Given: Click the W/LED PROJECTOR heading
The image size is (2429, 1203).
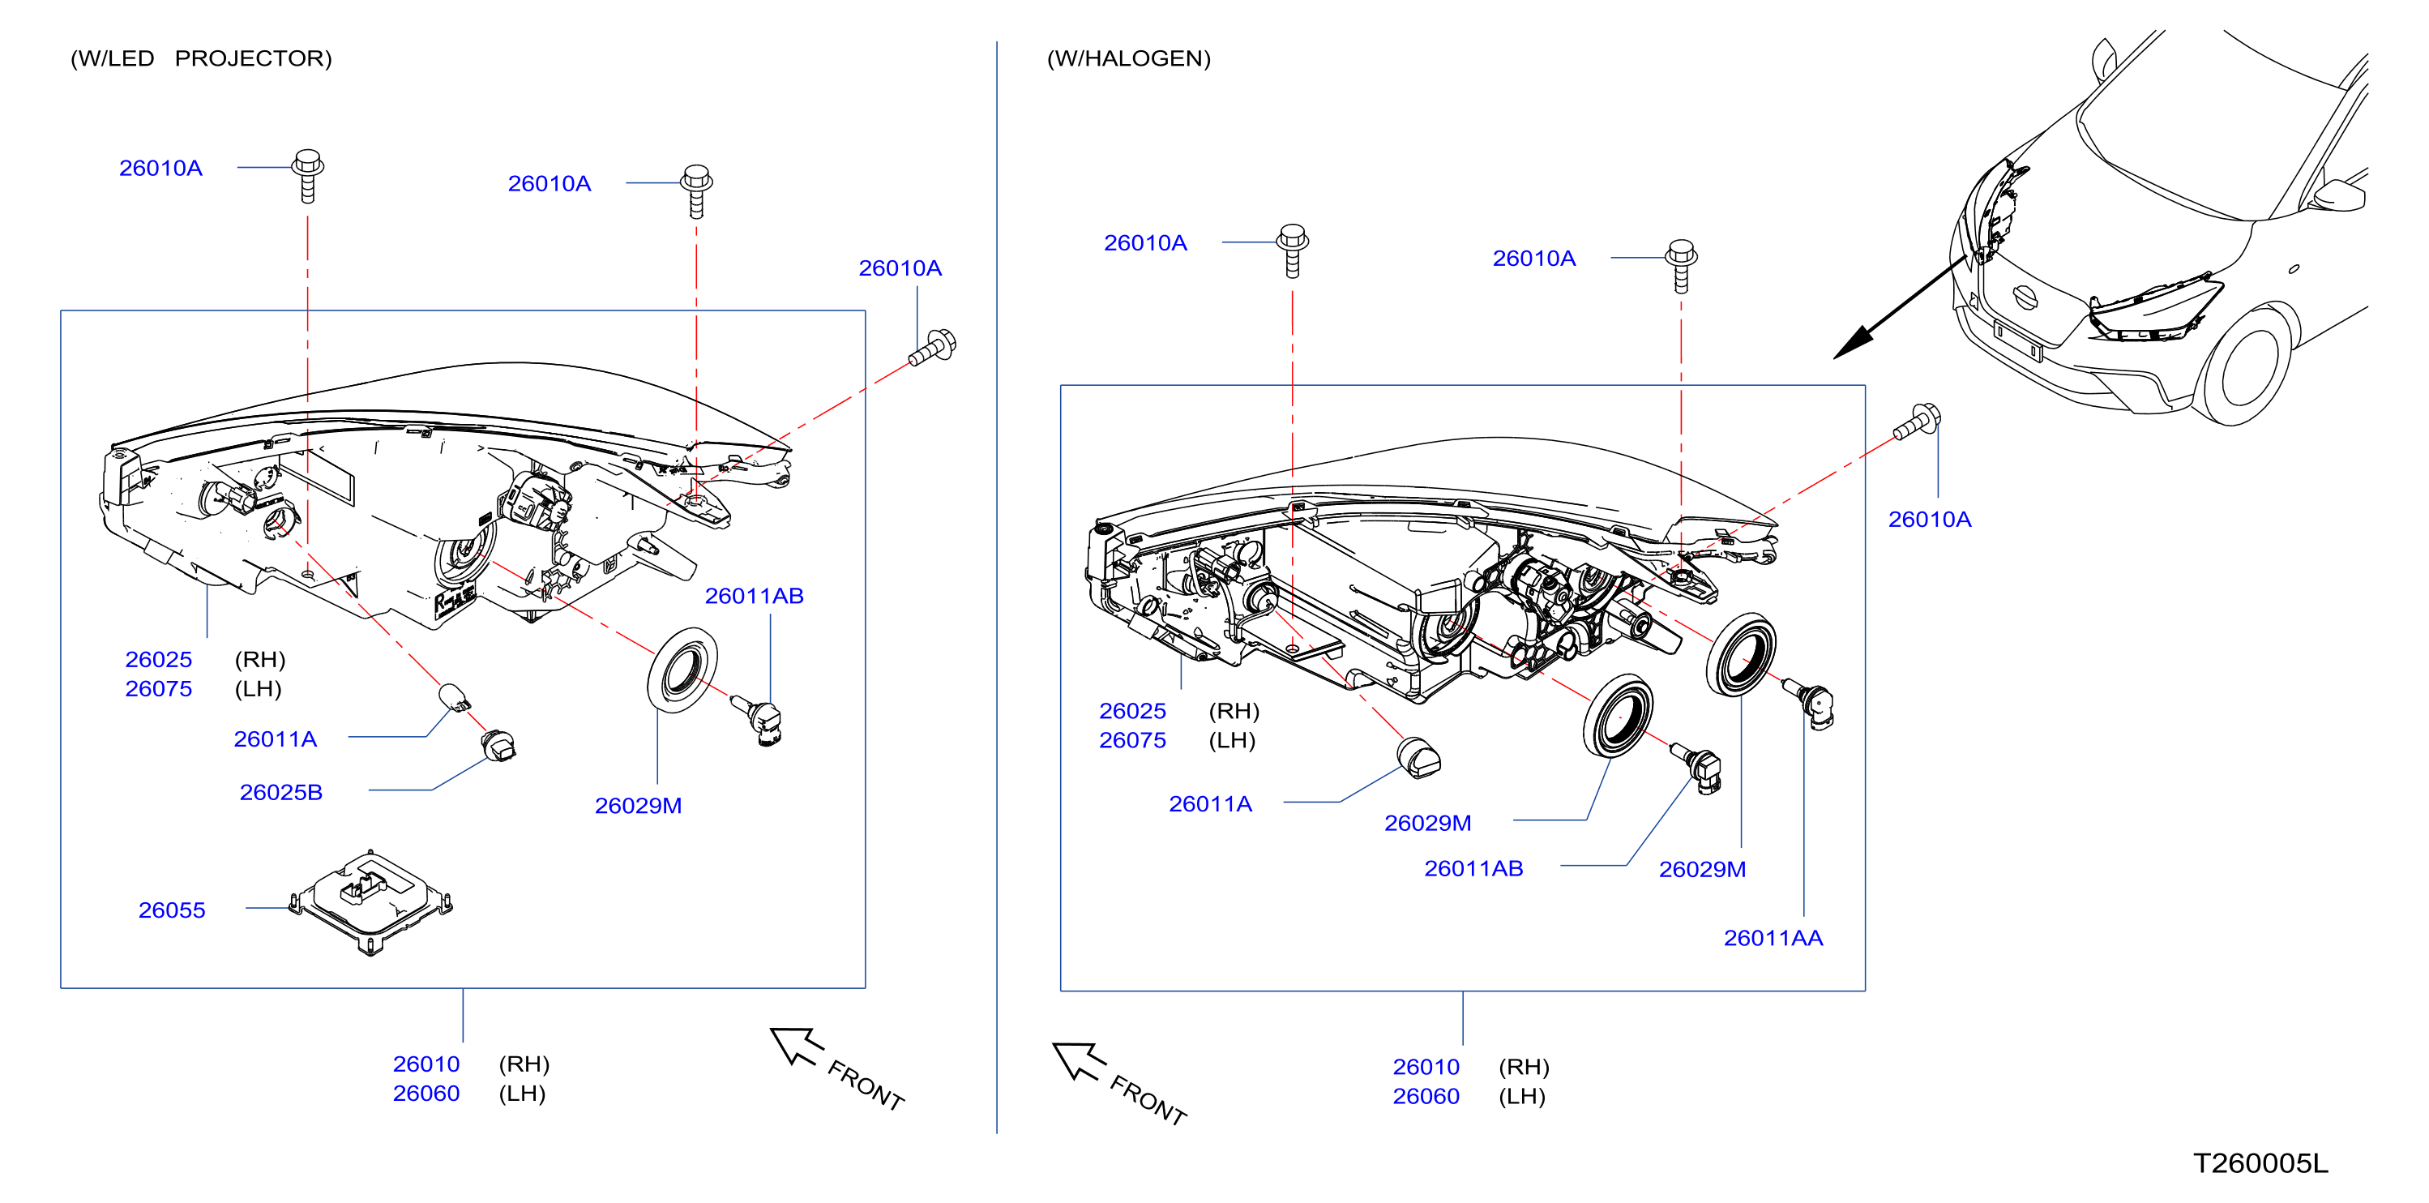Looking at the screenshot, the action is (201, 58).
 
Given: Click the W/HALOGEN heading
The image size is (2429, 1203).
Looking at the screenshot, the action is (1129, 58).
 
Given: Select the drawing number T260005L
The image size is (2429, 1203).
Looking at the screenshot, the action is (2260, 1163).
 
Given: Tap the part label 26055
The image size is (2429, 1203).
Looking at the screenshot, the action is (172, 910).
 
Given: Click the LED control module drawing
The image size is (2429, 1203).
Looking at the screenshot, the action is (370, 902).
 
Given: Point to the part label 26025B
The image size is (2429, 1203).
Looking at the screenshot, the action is (281, 792).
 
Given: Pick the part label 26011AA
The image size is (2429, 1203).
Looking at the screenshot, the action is (1773, 938).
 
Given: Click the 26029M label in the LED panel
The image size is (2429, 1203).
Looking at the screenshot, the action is (639, 806).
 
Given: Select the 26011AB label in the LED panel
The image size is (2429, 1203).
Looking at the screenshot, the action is (755, 596).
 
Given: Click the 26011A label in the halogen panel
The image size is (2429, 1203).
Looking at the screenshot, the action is (1211, 804).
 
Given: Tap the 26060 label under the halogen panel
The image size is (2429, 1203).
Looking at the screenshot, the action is (1426, 1097).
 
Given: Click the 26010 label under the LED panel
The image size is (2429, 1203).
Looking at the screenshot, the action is (426, 1064).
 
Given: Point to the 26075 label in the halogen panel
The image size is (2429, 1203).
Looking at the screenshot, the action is (1132, 740).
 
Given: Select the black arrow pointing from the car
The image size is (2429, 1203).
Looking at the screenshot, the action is (1901, 307).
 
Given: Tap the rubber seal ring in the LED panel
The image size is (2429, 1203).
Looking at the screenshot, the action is (682, 670).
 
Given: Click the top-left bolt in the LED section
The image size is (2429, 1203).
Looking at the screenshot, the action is (308, 175).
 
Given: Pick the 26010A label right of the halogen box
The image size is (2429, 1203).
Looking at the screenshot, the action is (1929, 520).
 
